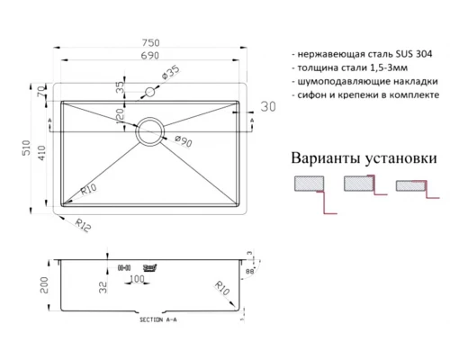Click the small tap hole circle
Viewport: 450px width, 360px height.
(150, 93)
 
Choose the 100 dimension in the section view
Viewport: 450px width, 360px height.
(137, 279)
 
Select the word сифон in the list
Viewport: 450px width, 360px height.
(314, 94)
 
